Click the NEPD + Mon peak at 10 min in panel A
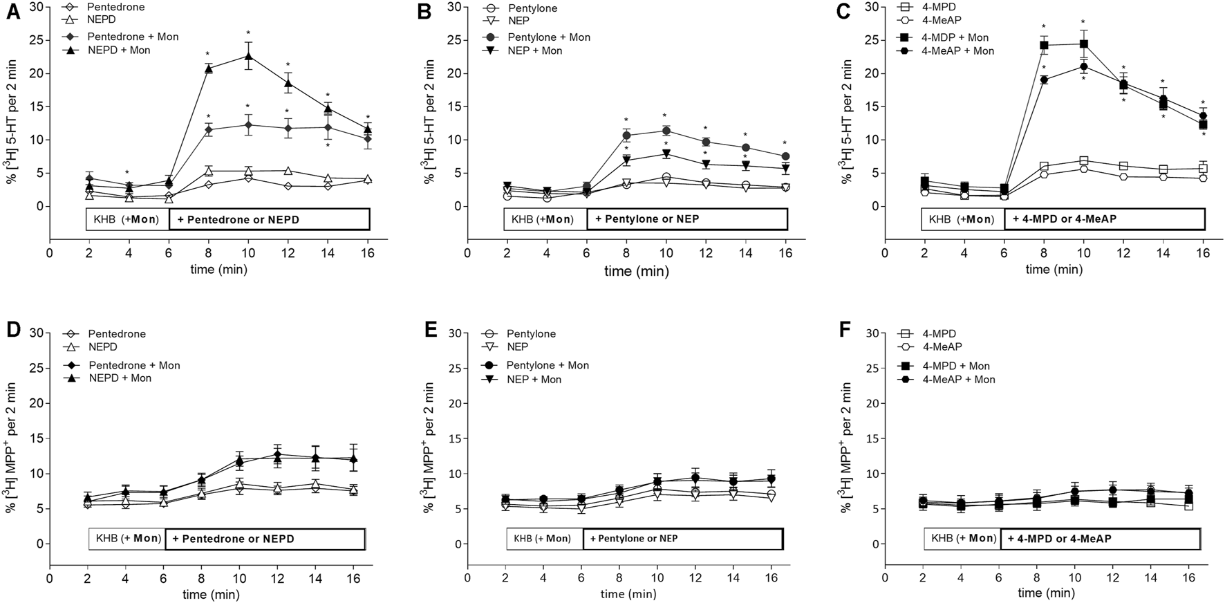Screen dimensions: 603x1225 pos(248,56)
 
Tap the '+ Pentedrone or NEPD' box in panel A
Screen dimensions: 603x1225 pos(270,219)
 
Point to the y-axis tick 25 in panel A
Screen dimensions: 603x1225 pos(36,40)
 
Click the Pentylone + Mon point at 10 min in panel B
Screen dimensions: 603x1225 pos(666,131)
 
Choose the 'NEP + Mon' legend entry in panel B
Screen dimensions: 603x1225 pos(534,50)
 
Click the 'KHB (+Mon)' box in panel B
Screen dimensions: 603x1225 pos(545,219)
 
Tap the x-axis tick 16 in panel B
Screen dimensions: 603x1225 pos(785,253)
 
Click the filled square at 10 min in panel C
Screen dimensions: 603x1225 pos(1083,44)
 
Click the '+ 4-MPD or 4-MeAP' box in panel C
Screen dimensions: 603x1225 pos(1104,219)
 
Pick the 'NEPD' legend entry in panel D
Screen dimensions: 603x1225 pos(103,347)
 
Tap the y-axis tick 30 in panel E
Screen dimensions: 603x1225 pos(454,333)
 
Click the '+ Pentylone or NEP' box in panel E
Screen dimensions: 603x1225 pos(682,539)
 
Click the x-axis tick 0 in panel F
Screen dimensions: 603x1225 pos(886,577)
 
